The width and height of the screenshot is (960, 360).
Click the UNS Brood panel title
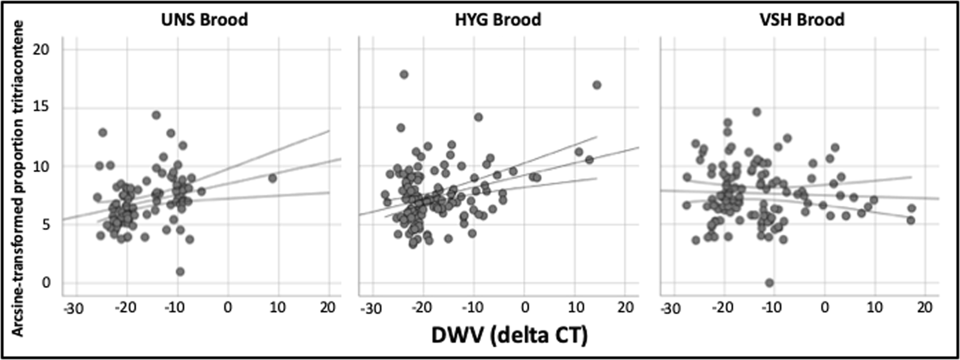(x=204, y=19)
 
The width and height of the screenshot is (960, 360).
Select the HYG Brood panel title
(x=497, y=19)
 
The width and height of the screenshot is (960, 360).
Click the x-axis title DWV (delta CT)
(x=510, y=335)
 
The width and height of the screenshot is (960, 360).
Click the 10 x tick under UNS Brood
(x=278, y=307)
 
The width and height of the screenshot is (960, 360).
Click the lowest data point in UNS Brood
(x=180, y=271)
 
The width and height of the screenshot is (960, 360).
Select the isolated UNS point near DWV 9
(x=273, y=178)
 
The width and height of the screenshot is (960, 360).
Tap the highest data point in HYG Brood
(x=404, y=75)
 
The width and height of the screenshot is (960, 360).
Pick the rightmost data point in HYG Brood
(x=597, y=85)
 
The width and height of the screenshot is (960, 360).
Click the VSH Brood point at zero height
(x=770, y=283)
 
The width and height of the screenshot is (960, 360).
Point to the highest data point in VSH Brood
(x=757, y=112)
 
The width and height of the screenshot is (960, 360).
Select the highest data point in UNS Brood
(x=156, y=115)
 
